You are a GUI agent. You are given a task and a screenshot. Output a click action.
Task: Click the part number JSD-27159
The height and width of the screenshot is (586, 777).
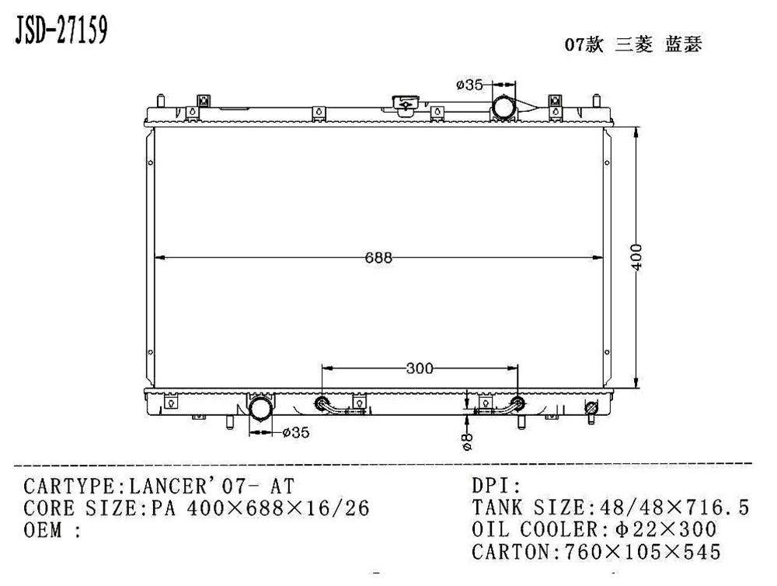pos(61,31)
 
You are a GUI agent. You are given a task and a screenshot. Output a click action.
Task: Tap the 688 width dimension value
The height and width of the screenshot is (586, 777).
pos(378,258)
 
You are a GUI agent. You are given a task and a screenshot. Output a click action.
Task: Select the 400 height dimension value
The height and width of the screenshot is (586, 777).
pos(637,257)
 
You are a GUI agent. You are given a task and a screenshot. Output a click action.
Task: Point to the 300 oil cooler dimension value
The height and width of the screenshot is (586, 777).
pos(420,368)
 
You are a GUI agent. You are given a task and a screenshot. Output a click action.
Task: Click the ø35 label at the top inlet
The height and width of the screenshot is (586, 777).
pos(469,85)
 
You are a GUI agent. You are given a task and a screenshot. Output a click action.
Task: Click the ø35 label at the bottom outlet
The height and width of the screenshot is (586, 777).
pos(296,433)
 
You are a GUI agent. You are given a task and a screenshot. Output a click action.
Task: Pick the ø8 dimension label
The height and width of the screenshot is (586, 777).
pos(467,441)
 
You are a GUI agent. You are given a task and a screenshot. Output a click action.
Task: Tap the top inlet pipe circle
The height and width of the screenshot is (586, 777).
pos(503,107)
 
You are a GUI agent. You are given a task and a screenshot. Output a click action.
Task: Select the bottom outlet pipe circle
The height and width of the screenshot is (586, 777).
pos(260,410)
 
